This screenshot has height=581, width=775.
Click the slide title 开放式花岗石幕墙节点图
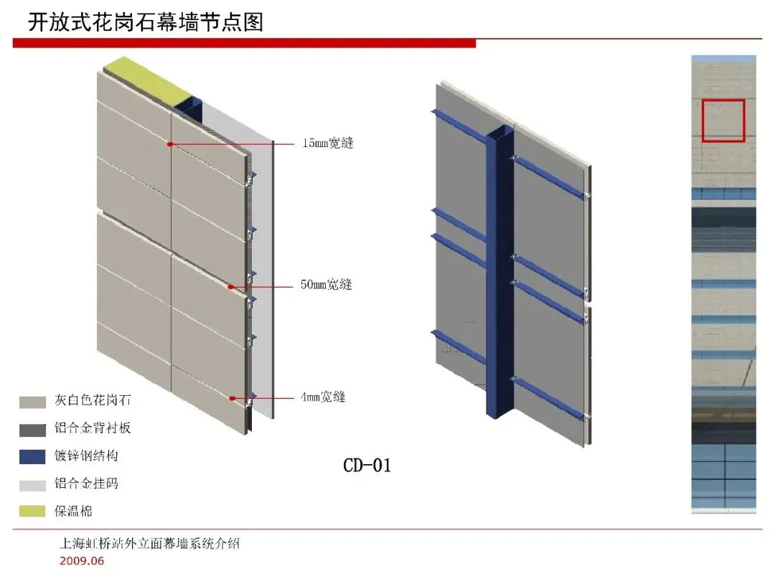pos(146,22)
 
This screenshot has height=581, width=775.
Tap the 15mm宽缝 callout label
pos(327,143)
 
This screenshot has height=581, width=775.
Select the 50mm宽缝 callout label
pos(326,285)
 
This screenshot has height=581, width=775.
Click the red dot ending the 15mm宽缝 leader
pos(170,144)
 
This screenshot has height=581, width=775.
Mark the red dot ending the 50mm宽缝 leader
pos(231,287)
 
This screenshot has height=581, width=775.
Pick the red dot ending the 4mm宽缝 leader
pos(232,397)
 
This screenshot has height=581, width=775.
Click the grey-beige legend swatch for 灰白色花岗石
pos(32,402)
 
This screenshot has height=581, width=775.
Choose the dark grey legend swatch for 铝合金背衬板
pos(32,430)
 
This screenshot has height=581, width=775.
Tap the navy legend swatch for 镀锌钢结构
pos(32,457)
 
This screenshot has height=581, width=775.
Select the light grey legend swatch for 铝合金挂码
pos(32,484)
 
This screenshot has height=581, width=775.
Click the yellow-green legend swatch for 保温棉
pos(32,511)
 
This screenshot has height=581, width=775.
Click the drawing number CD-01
pos(367,466)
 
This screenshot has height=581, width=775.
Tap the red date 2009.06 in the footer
pos(82,561)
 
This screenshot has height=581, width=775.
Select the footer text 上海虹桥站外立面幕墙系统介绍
pos(149,544)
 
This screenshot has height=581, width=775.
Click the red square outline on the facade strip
pos(723,121)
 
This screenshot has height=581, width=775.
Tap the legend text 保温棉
pos(73,511)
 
